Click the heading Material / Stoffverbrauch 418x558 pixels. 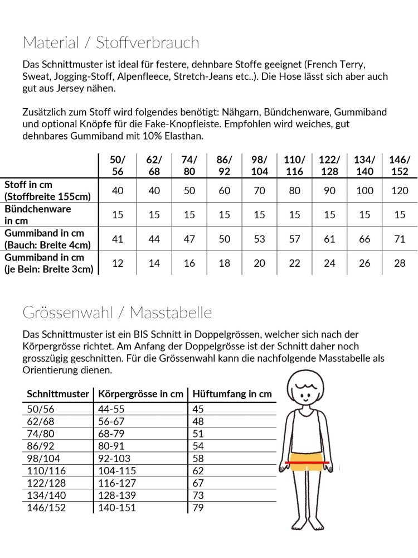pos(110,42)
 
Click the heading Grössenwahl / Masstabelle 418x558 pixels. pos(117,312)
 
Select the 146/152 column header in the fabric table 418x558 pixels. pos(400,166)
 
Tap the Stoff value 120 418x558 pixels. pos(400,191)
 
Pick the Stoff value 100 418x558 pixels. pos(364,191)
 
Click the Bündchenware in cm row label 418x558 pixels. pos(38,215)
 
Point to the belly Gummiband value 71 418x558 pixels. pos(400,239)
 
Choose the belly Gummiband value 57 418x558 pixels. pos(295,239)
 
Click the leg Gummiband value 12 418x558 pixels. pos(118,263)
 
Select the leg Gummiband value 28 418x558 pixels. pos(400,263)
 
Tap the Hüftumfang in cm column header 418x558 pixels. pos(232,394)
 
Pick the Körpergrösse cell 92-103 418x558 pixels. pos(115,458)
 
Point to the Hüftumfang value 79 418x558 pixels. pos(198,507)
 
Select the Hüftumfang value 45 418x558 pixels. pos(198,409)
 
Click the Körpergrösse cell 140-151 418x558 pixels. pos(117,507)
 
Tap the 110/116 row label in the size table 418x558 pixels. pos(46,470)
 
